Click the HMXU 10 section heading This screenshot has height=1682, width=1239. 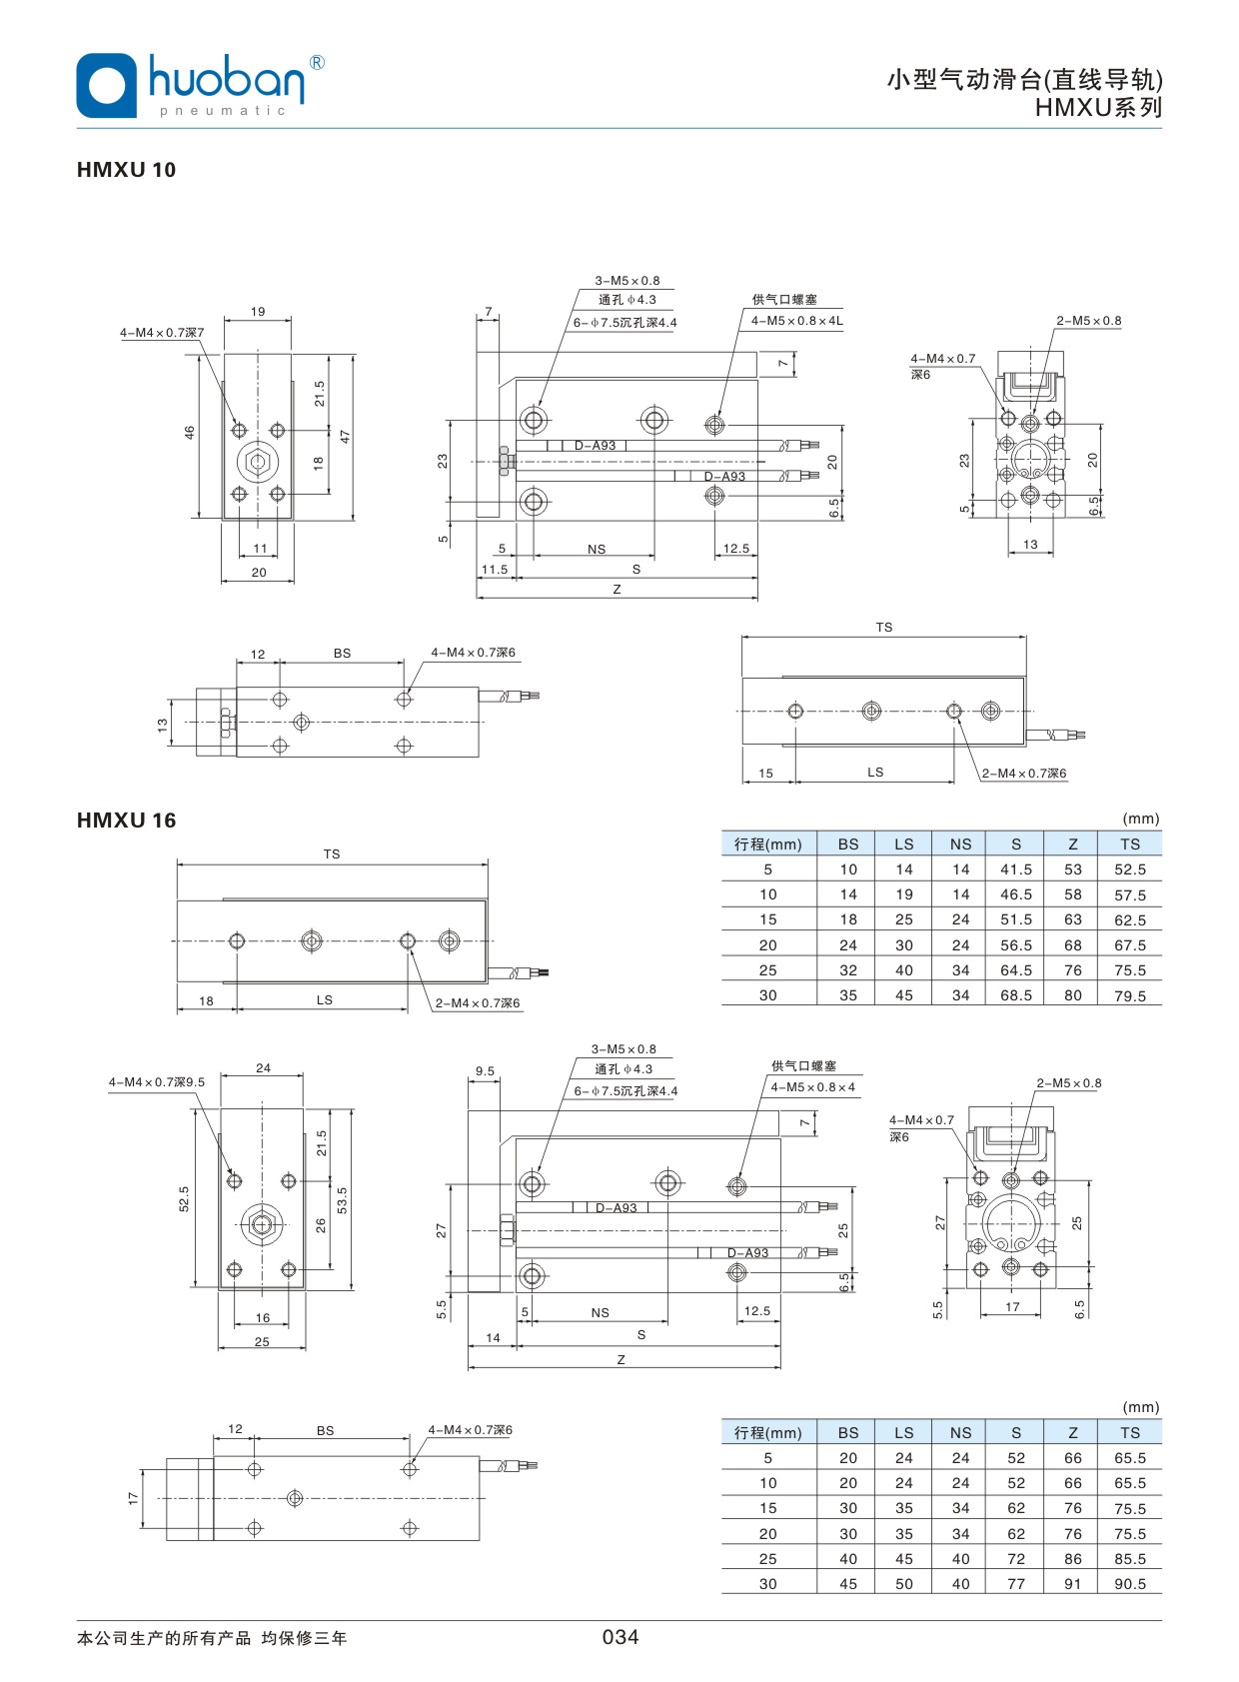126,170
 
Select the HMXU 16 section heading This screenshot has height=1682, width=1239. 126,821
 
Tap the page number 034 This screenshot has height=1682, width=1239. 619,1637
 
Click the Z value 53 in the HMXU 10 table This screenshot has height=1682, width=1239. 1072,869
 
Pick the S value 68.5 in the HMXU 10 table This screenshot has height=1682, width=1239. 1015,995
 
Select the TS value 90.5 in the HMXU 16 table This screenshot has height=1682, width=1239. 1129,1584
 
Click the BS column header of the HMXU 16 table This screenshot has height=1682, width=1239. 847,1433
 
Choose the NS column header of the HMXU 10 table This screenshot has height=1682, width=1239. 959,844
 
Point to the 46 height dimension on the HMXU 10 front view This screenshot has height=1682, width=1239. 189,433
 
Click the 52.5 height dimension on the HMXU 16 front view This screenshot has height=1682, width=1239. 184,1199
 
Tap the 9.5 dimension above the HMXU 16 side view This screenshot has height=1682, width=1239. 485,1071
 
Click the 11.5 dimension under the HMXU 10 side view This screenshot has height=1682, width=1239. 495,570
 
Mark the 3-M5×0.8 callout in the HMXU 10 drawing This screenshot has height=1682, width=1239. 627,281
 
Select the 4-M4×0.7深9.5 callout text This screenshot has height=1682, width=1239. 157,1082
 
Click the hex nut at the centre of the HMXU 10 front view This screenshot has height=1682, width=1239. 258,462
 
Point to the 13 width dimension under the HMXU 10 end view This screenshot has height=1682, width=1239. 1030,545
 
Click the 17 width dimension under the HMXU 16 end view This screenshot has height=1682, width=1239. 1012,1307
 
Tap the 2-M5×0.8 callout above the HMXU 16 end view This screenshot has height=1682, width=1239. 1068,1083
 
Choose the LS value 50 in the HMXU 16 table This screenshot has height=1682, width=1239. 903,1584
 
